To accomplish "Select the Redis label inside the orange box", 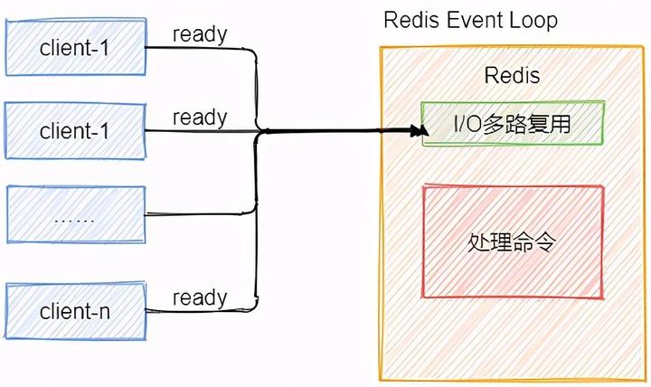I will point(512,75).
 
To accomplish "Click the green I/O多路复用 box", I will point(512,123).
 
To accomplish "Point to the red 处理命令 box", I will point(512,241).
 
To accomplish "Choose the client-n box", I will point(75,311).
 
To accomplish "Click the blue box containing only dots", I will point(75,215).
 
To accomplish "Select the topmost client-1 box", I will point(75,47).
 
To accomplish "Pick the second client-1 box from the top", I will point(75,130).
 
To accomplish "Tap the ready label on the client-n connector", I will point(200,297).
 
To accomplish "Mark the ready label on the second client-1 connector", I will point(200,117).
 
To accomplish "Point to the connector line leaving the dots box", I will point(199,215).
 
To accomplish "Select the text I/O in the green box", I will point(468,123).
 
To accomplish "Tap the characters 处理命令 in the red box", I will point(512,242).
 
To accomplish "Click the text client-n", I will point(75,312).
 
